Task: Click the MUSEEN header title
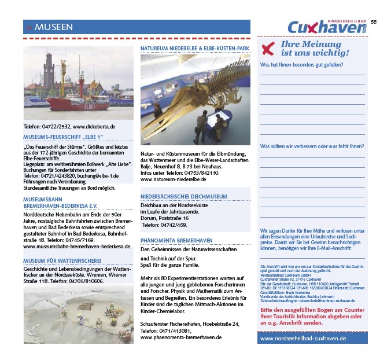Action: [53, 27]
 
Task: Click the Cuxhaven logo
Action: [328, 27]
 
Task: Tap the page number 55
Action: [374, 21]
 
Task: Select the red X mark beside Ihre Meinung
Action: [267, 49]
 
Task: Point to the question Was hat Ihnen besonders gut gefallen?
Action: [301, 65]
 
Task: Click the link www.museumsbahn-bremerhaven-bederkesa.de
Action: [78, 246]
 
